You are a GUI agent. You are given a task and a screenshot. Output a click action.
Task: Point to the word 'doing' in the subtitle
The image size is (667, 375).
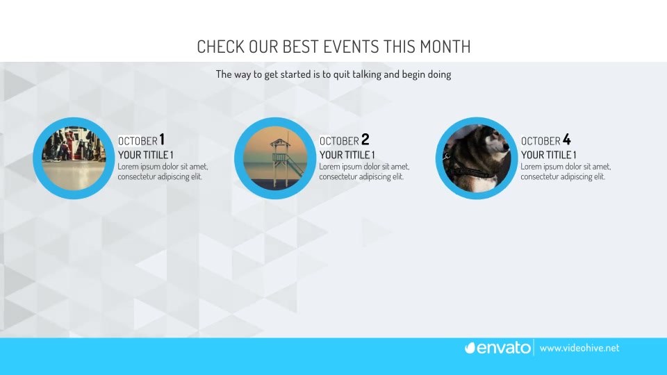439,74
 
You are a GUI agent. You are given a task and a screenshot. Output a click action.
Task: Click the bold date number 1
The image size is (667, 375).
162,139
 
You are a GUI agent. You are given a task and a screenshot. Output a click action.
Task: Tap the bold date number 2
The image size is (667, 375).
365,139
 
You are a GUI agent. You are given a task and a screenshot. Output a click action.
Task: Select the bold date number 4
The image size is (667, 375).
567,139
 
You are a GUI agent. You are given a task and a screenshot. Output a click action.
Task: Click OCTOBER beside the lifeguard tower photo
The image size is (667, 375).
339,141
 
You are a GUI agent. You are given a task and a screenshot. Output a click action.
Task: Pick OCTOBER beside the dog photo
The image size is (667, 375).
541,141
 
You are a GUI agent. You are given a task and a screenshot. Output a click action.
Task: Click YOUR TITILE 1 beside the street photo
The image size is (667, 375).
145,155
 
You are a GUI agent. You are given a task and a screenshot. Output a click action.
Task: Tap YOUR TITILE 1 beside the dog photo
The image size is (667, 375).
548,155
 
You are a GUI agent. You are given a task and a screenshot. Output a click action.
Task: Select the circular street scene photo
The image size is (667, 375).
74,158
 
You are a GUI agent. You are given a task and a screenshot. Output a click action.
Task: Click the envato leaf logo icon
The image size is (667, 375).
470,348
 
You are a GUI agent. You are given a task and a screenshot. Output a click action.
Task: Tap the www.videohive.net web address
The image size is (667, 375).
579,348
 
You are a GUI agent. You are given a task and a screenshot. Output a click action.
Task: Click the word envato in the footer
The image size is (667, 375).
504,348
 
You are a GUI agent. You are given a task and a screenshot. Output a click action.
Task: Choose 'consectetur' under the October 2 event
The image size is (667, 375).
339,176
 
